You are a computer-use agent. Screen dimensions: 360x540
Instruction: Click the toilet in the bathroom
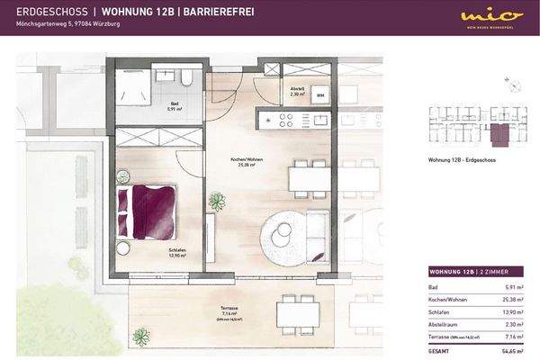point(186,78)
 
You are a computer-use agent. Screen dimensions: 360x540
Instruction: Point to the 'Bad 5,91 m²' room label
point(175,106)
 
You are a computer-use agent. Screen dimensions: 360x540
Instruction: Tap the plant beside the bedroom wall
point(216,202)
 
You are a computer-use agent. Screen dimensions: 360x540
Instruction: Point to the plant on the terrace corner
point(140,337)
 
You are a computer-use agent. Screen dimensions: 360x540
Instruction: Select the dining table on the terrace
point(296,312)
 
